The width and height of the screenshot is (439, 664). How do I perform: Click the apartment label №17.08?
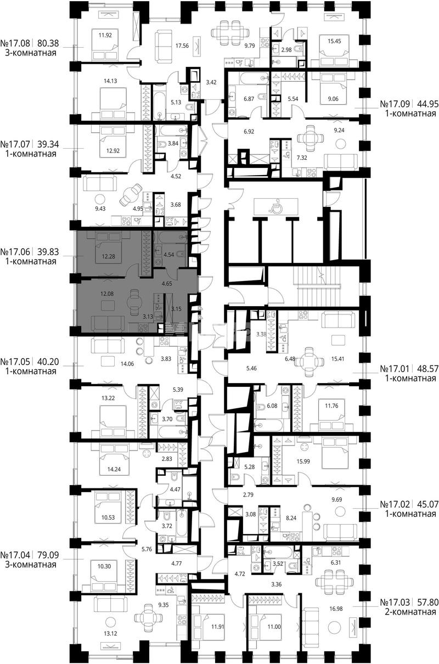(15, 43)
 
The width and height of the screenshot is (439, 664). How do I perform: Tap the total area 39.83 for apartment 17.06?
(48, 252)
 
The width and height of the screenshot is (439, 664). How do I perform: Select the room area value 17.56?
(182, 46)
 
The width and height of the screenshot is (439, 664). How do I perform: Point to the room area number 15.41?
(337, 359)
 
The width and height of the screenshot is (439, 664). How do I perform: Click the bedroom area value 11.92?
(105, 35)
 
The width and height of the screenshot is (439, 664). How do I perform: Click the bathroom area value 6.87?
(249, 99)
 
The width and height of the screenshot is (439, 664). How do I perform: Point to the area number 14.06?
(127, 364)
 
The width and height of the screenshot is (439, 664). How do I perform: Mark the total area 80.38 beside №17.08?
(48, 43)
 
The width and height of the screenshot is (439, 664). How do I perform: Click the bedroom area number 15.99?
(303, 462)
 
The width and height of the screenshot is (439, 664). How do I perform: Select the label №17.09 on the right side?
(395, 104)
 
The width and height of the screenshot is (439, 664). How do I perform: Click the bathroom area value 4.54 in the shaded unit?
(168, 254)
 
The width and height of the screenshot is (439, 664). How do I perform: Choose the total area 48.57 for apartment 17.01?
(427, 369)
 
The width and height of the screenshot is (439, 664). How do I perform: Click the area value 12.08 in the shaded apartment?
(106, 294)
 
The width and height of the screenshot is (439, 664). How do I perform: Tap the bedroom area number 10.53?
(108, 517)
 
